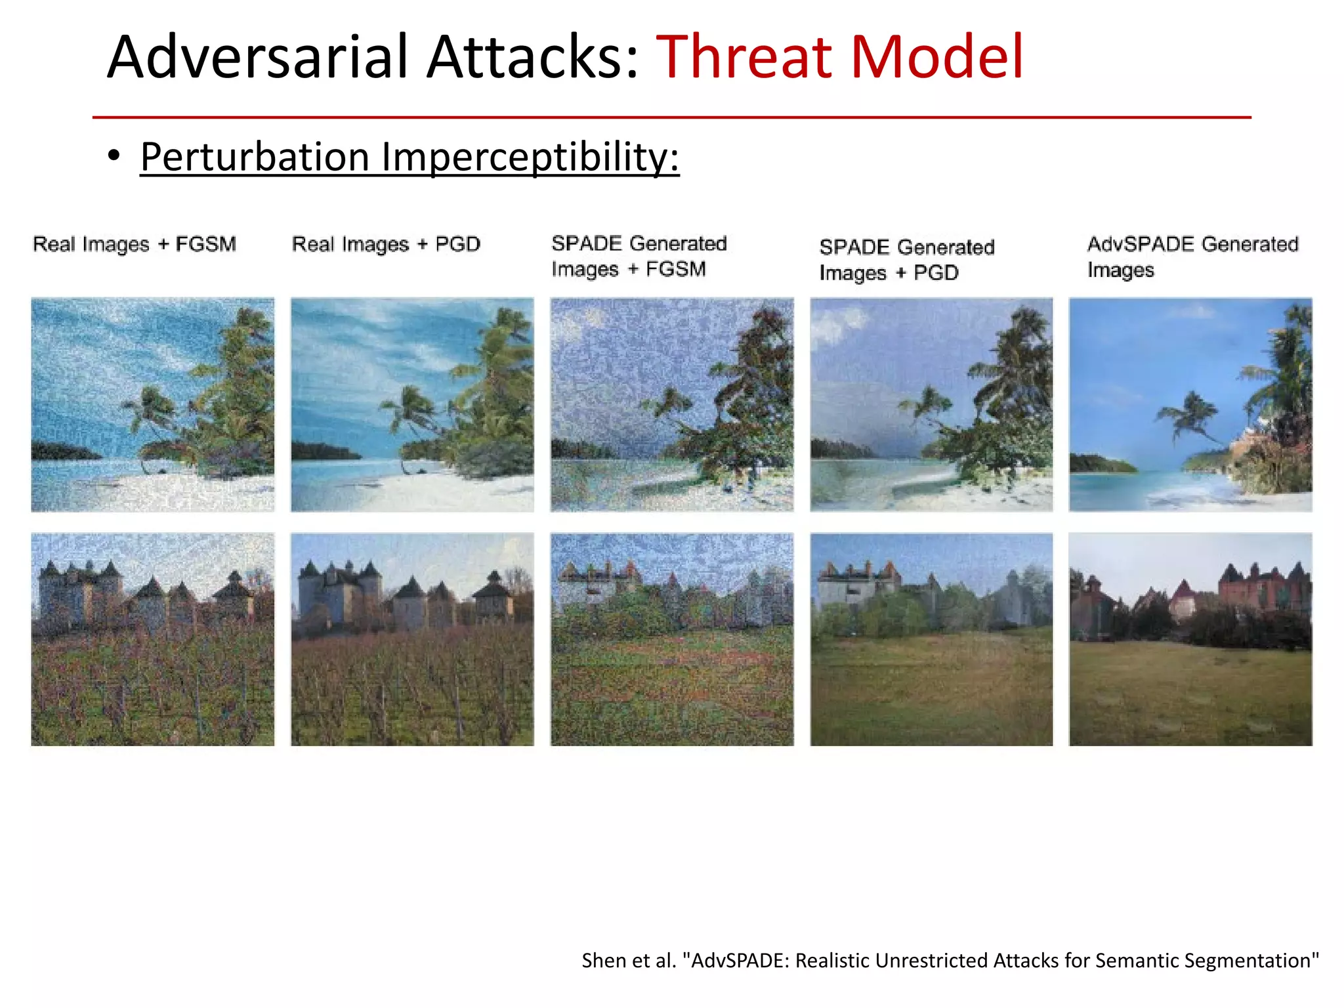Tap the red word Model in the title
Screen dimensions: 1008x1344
[x=936, y=58]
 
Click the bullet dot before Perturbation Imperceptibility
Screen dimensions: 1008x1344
[x=115, y=156]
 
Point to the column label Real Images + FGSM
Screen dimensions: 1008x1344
[x=135, y=244]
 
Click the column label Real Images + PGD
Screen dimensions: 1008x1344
[x=386, y=244]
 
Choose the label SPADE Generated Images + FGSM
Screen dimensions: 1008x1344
[x=639, y=256]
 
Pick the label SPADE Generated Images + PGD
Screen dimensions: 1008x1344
[x=906, y=259]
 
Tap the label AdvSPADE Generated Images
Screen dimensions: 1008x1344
[x=1192, y=257]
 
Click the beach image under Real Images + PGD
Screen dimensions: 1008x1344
[x=412, y=404]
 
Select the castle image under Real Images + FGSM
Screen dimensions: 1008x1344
[x=152, y=639]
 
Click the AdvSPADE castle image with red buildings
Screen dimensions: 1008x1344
[x=1190, y=639]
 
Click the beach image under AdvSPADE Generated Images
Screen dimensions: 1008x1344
[x=1190, y=404]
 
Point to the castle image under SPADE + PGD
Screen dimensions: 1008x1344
[x=931, y=639]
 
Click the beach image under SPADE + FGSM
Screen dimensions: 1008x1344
[x=672, y=404]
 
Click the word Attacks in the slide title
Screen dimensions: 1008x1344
[x=532, y=58]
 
